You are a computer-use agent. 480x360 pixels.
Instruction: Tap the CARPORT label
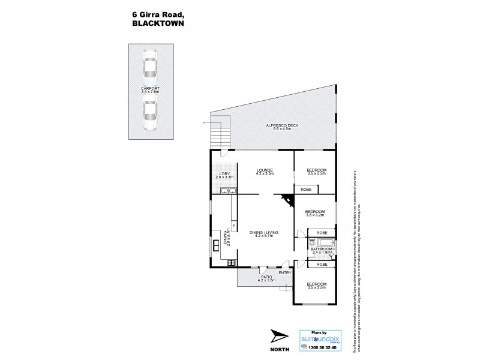pos(150,90)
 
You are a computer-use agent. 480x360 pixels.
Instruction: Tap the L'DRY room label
pos(223,176)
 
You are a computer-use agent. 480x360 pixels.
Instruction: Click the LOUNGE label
pos(264,172)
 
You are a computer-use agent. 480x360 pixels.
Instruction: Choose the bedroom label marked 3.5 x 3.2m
pos(315,214)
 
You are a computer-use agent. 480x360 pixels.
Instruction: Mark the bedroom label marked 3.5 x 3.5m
pos(316,286)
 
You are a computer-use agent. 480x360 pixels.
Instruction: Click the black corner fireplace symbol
pos(284,200)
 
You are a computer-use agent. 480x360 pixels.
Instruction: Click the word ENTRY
pos(284,273)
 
